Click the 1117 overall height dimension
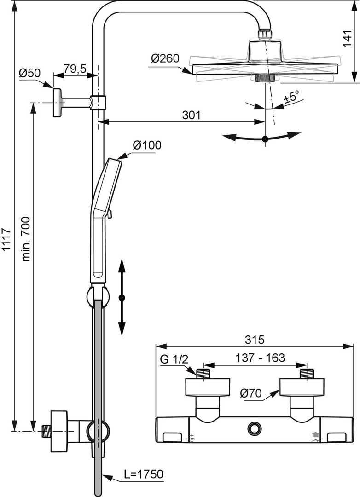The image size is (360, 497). coord(6,239)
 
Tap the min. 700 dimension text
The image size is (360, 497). coord(26,239)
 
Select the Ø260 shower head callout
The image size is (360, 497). coord(164,58)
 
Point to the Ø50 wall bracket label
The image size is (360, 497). coord(30,73)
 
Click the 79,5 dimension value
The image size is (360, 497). coord(75,69)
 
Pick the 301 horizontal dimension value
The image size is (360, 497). coord(191,115)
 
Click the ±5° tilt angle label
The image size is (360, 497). coord(291,97)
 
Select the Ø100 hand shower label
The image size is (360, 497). coord(147,145)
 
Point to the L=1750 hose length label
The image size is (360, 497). coord(144,474)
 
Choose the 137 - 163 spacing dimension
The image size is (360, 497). coord(260,358)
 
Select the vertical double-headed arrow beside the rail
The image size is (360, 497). coord(122,297)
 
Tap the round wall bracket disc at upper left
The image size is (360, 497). coord(57,102)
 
